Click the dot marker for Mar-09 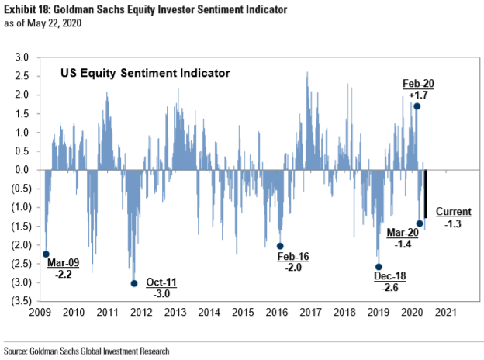point(46,254)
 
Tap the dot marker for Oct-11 point(134,283)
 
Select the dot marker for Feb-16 point(281,246)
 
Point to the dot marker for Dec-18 point(379,267)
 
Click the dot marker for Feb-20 point(417,106)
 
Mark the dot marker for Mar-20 point(420,223)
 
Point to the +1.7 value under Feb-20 point(412,95)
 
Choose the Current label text point(451,212)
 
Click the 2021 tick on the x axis point(444,313)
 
